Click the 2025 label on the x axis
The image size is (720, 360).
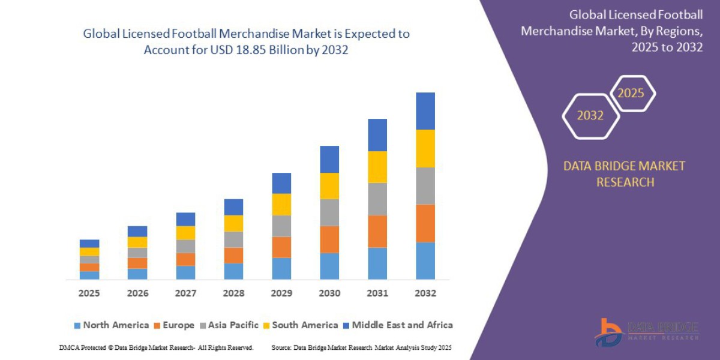tap(89, 293)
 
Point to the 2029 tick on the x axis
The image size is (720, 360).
tap(281, 293)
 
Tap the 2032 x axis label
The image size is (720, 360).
tap(425, 293)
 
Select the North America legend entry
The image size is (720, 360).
tap(111, 325)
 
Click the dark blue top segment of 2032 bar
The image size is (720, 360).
tap(425, 111)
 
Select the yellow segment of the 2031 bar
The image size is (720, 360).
tap(377, 167)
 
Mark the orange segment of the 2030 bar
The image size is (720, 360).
tap(329, 239)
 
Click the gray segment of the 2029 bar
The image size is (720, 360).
tap(281, 226)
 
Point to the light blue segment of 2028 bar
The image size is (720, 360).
tap(233, 271)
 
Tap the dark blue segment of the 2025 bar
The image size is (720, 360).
tap(89, 244)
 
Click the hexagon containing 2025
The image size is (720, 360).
tap(632, 94)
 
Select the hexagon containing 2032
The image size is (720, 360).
tap(590, 116)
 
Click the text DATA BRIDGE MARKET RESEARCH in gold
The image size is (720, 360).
tap(624, 174)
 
